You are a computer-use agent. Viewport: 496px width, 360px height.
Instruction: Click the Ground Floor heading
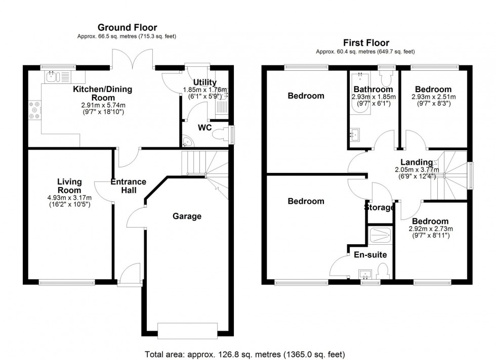[x=127, y=27]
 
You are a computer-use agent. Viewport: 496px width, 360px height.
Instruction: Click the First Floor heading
[x=365, y=42]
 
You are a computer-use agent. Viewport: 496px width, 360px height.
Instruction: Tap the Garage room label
[x=187, y=216]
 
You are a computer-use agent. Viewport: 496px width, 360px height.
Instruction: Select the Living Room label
[x=69, y=186]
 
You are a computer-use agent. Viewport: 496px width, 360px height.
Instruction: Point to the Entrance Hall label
[x=129, y=186]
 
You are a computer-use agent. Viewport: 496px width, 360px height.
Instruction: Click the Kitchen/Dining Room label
[x=102, y=94]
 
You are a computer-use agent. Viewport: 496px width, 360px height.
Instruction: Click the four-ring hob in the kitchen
[x=35, y=111]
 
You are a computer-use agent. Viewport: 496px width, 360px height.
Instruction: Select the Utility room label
[x=205, y=82]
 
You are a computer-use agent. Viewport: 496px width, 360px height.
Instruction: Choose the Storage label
[x=379, y=207]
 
